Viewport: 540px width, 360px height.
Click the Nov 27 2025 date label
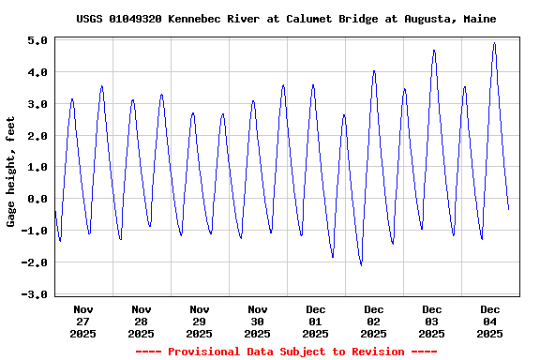[83, 321]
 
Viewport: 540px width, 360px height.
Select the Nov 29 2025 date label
[200, 321]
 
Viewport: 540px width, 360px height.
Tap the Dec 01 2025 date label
[316, 321]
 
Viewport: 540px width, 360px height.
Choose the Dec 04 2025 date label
[490, 321]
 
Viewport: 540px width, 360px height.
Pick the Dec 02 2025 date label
[374, 321]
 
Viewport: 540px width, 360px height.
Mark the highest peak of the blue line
[494, 42]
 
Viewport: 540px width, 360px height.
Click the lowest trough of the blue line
[361, 265]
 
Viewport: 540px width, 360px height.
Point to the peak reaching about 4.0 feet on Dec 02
[374, 70]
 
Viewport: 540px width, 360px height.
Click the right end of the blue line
[508, 209]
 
